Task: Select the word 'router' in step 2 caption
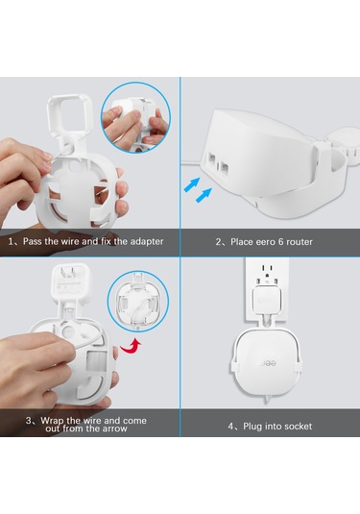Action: point(297,240)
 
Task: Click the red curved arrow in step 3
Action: point(134,343)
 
